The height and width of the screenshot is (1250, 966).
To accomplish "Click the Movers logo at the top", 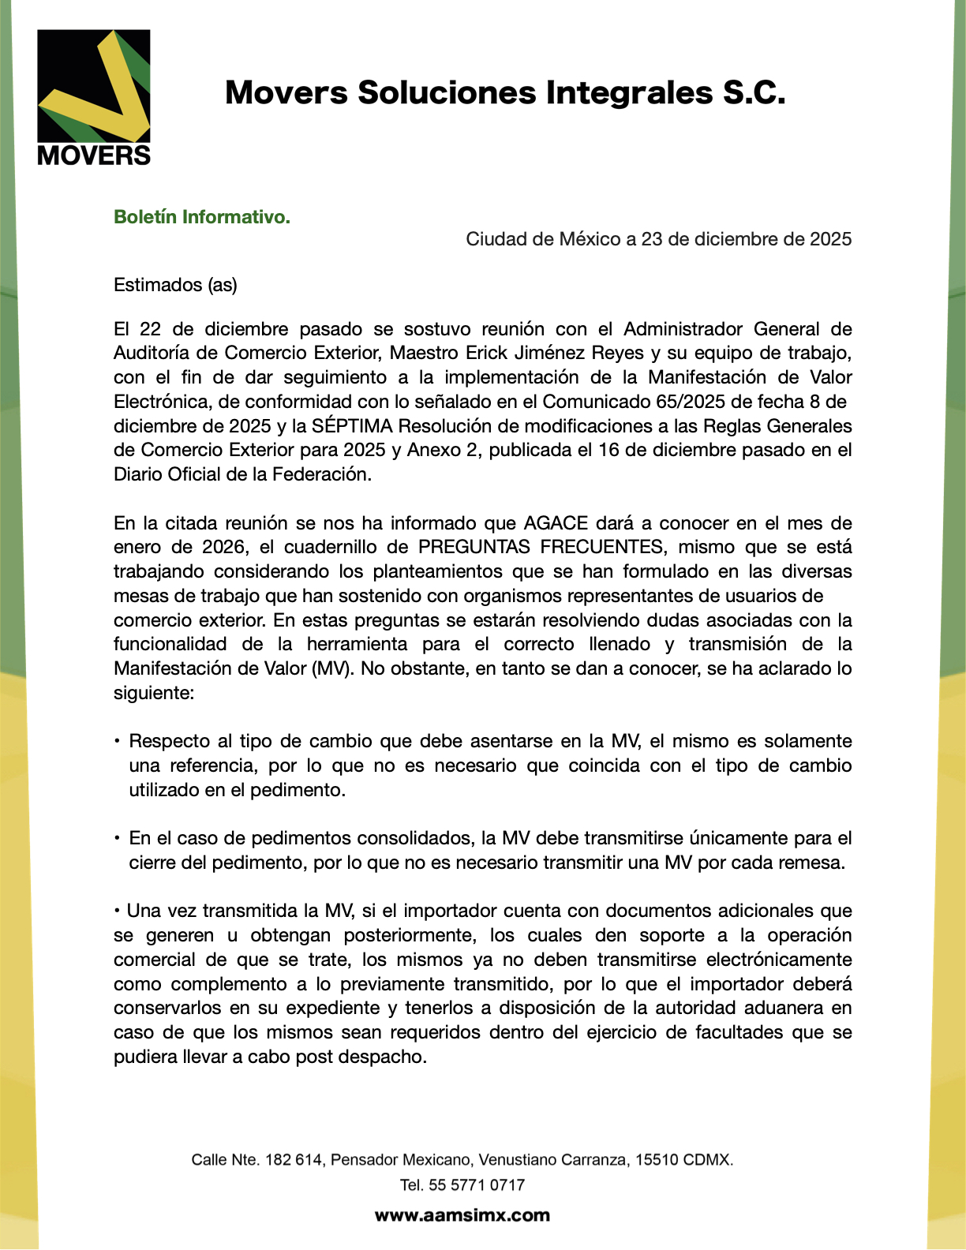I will point(94,97).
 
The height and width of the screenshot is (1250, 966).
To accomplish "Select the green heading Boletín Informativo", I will point(202,217).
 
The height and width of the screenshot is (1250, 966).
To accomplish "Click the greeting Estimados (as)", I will point(175,285).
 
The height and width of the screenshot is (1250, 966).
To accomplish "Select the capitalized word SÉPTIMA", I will point(352,426).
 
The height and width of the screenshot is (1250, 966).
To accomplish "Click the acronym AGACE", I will point(556,523).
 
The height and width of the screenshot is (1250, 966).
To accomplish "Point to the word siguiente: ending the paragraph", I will point(154,693).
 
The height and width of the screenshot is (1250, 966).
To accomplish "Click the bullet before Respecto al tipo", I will point(117,741).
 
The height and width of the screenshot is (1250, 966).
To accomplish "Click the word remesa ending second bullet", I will point(816,863).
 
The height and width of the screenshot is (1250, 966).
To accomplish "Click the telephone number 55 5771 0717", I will point(477,1185).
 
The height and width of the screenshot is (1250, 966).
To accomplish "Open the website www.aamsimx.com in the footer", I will point(462,1215).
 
